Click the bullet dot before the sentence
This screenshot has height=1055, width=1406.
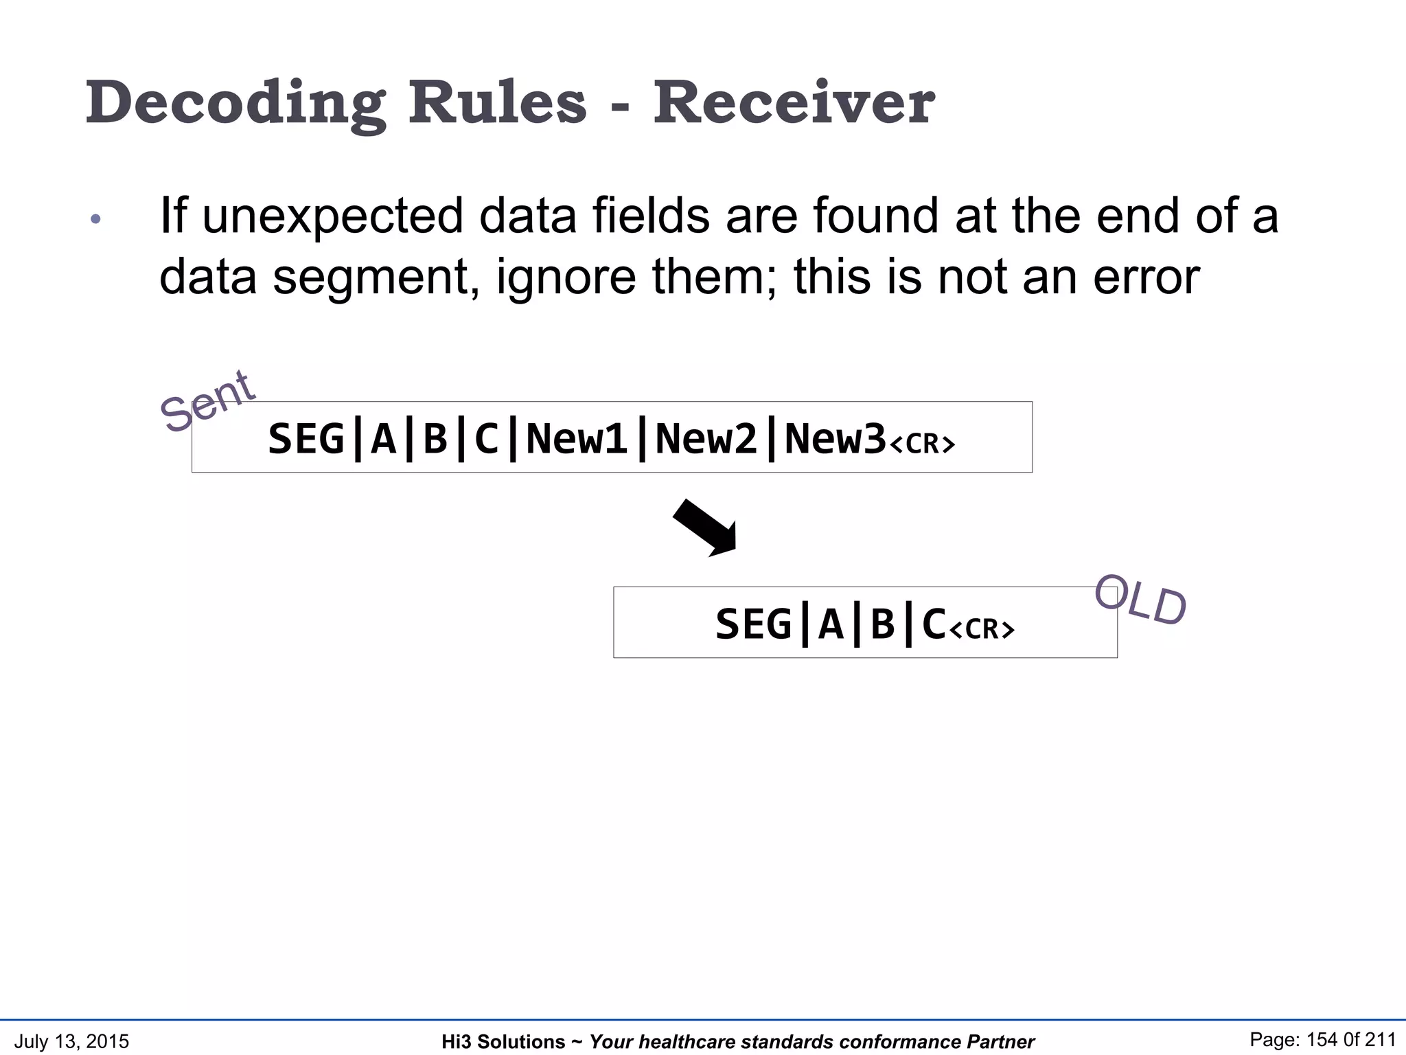click(x=96, y=220)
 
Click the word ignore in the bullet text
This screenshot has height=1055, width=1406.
click(x=566, y=277)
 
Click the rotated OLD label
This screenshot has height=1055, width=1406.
click(x=1140, y=600)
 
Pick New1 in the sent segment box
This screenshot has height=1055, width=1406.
click(x=577, y=439)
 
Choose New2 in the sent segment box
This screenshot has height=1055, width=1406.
click(x=706, y=439)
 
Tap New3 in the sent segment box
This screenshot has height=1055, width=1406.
click(x=835, y=439)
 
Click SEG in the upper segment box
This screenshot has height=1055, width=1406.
click(x=306, y=439)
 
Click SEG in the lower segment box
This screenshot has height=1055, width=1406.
click(x=753, y=624)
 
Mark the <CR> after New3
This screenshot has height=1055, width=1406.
click(x=922, y=444)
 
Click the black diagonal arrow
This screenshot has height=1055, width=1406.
click(x=706, y=527)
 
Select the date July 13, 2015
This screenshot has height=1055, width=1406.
click(x=71, y=1041)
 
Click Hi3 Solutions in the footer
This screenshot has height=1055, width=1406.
click(x=503, y=1042)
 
